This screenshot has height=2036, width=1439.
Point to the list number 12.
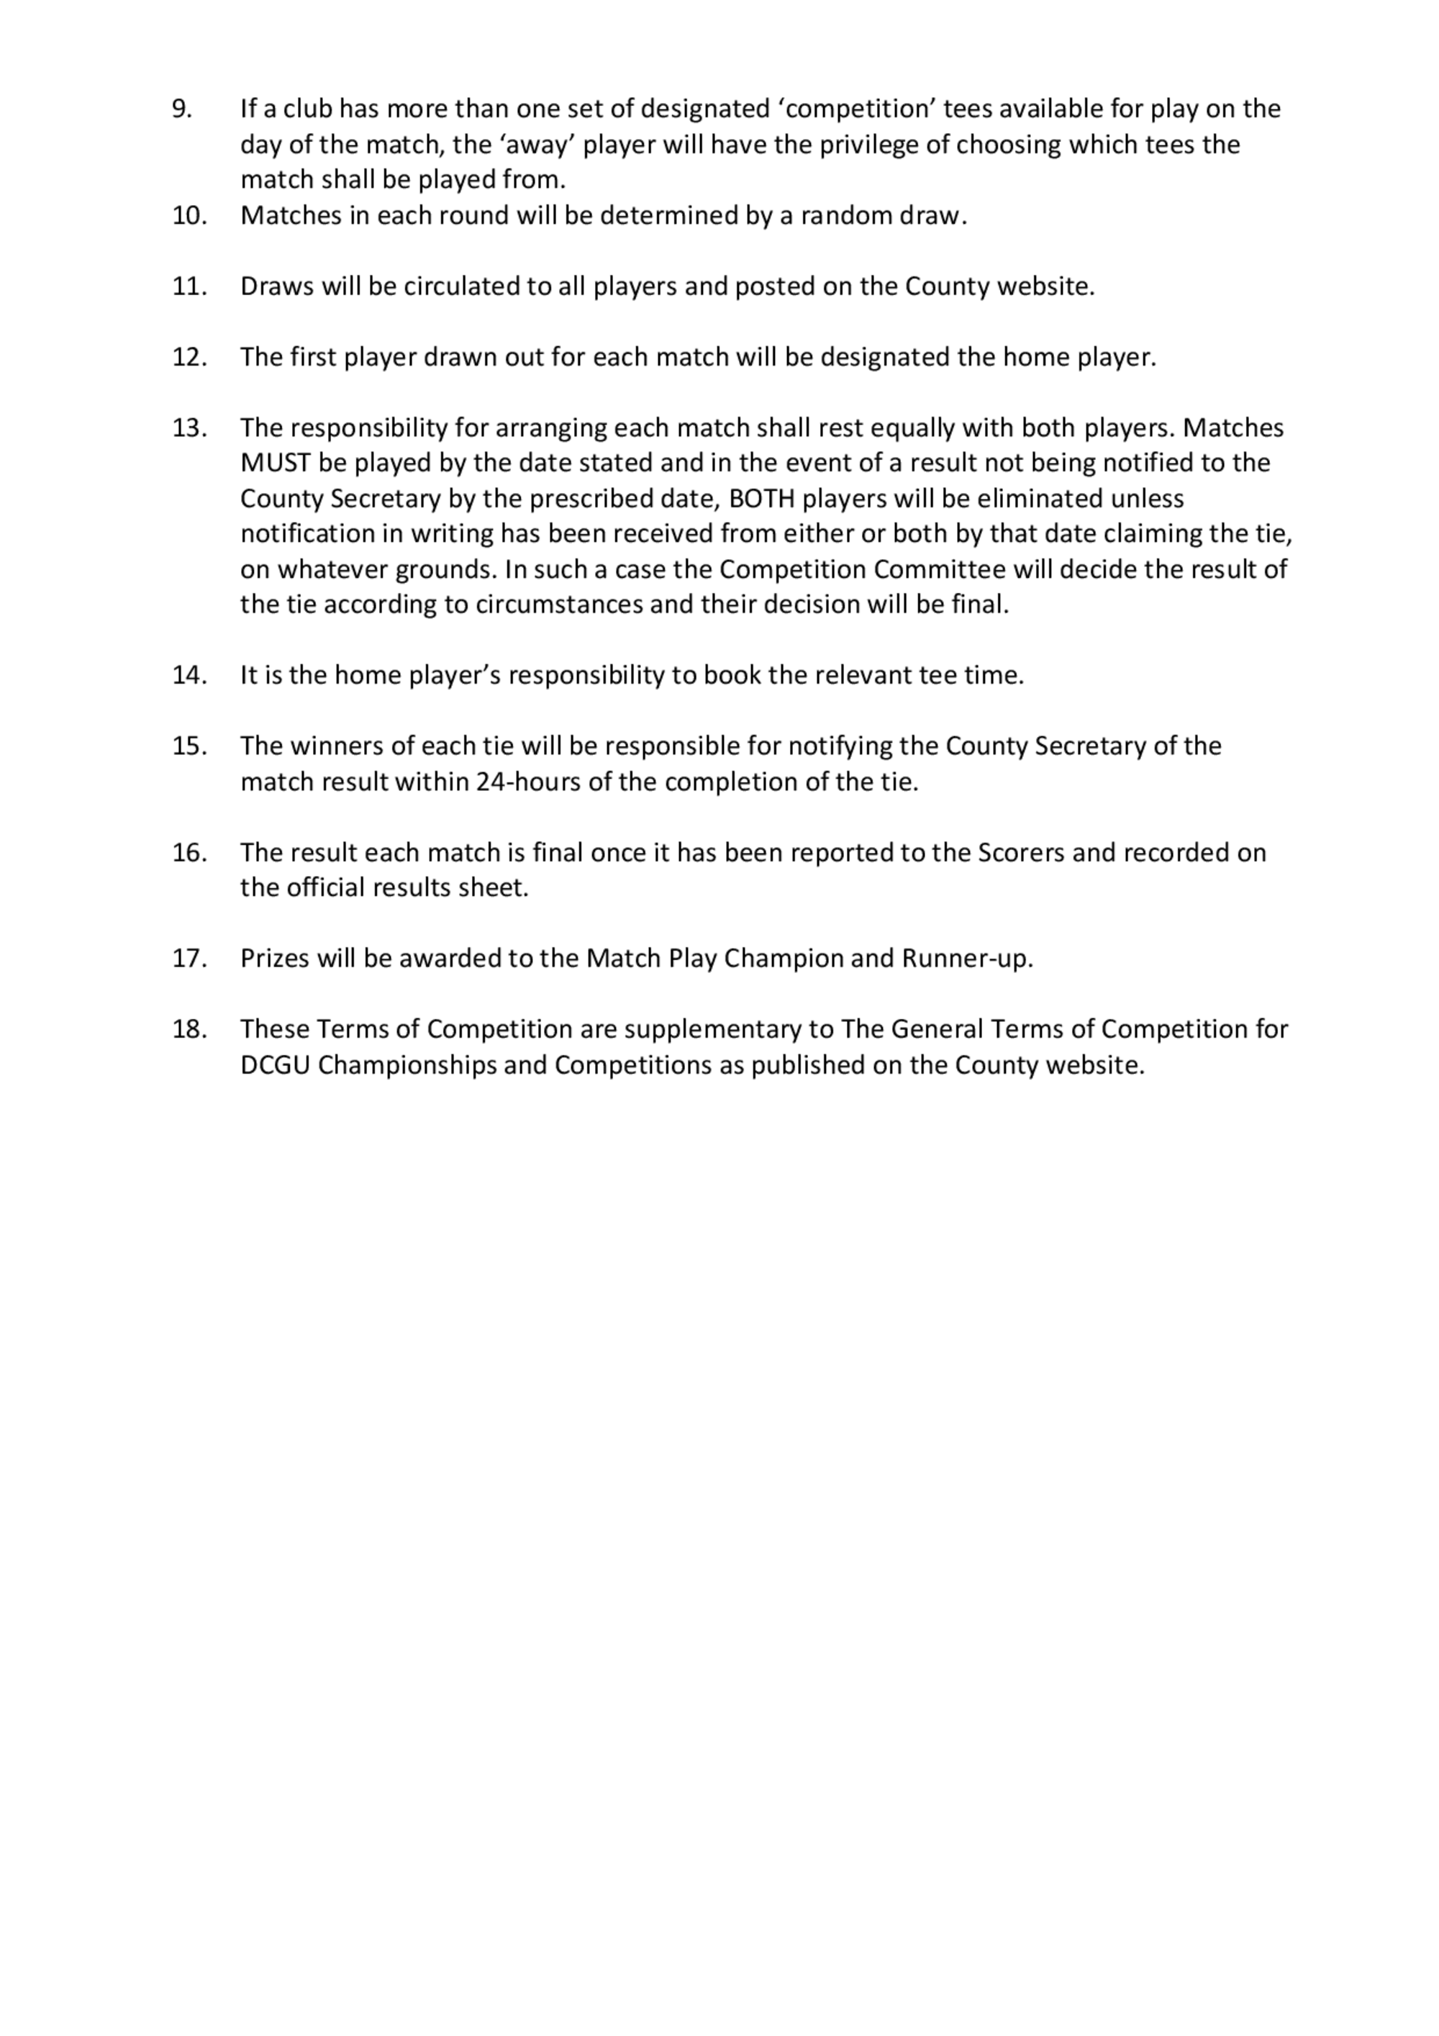(189, 358)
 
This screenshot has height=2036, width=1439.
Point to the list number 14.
(189, 675)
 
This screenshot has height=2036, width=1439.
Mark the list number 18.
(189, 1030)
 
